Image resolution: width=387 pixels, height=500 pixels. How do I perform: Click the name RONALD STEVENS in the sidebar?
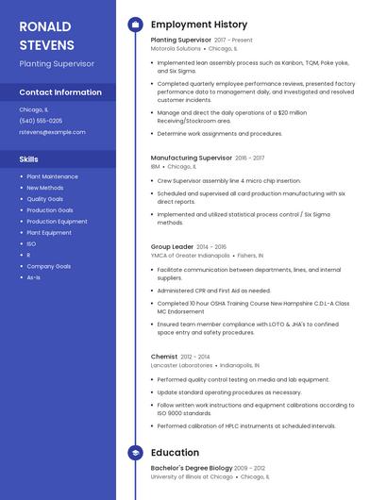tap(48, 35)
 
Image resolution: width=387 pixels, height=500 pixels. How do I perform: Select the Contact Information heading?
tap(60, 92)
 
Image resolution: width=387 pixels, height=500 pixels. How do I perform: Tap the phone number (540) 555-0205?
tap(41, 121)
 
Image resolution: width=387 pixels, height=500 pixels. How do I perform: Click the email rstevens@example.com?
tap(52, 132)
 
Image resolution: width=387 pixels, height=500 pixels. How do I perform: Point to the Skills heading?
tap(29, 159)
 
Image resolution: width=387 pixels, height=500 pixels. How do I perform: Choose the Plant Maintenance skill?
tap(52, 176)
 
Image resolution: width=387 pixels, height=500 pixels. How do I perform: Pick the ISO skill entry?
tap(31, 243)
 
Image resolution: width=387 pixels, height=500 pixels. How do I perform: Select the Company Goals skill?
tap(48, 266)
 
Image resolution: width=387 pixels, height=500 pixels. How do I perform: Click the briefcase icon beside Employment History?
tap(135, 25)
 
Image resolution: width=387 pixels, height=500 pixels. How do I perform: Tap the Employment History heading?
tap(198, 25)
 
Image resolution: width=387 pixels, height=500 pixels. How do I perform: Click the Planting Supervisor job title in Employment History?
tap(180, 41)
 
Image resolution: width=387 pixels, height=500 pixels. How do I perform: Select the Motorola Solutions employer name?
tap(177, 48)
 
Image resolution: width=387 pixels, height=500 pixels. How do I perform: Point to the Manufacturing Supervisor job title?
tap(191, 158)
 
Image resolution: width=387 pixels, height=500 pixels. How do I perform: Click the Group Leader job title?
tap(172, 246)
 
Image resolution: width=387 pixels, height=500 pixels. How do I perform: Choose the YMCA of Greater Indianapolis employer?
tap(190, 255)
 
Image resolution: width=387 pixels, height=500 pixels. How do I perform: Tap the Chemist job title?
tap(163, 357)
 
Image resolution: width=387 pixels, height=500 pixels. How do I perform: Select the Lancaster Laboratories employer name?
tap(181, 364)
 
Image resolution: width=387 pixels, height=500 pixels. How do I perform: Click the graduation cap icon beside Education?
tap(135, 453)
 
